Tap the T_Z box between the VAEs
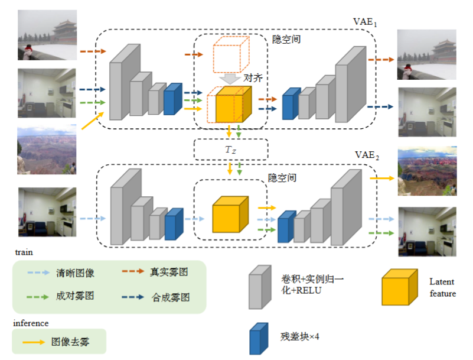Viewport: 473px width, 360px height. [x=230, y=150]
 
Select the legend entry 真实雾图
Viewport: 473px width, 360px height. [x=167, y=273]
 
